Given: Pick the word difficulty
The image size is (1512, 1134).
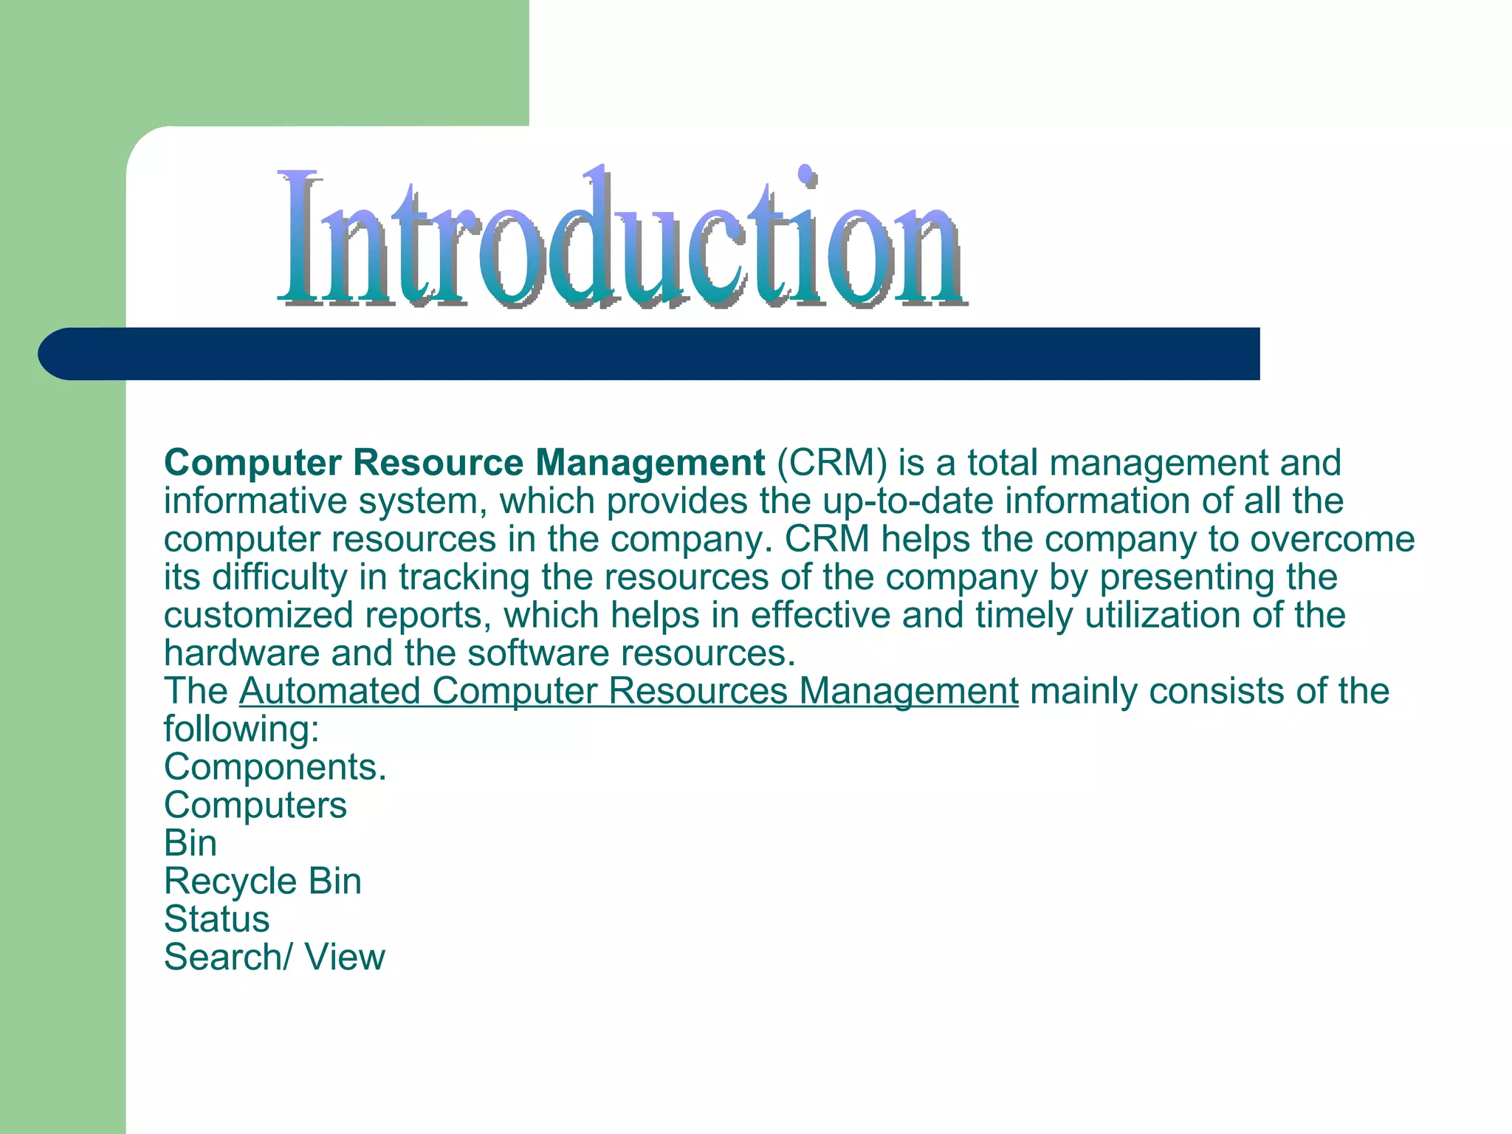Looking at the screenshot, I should (x=280, y=577).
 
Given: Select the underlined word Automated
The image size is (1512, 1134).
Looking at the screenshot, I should (x=329, y=692).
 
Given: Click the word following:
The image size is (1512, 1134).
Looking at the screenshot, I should (x=241, y=730).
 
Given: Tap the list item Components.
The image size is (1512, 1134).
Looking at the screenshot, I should (x=275, y=768).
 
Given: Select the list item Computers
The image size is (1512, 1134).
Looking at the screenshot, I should (x=255, y=805).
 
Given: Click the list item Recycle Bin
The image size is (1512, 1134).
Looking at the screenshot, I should (x=262, y=882).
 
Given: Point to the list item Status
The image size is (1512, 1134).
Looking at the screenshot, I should (x=216, y=920).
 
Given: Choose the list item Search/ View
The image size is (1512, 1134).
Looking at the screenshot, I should (x=274, y=958).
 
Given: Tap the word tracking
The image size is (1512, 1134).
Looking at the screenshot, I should (x=464, y=577).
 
